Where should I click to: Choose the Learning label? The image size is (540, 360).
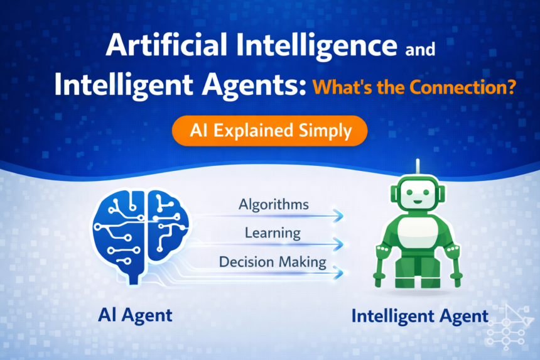[x=273, y=233]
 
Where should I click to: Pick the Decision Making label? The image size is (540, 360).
[x=273, y=261]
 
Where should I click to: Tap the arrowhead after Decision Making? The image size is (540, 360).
[x=340, y=273]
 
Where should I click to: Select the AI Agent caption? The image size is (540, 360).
[x=135, y=315]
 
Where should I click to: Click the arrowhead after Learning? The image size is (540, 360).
[x=340, y=244]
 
